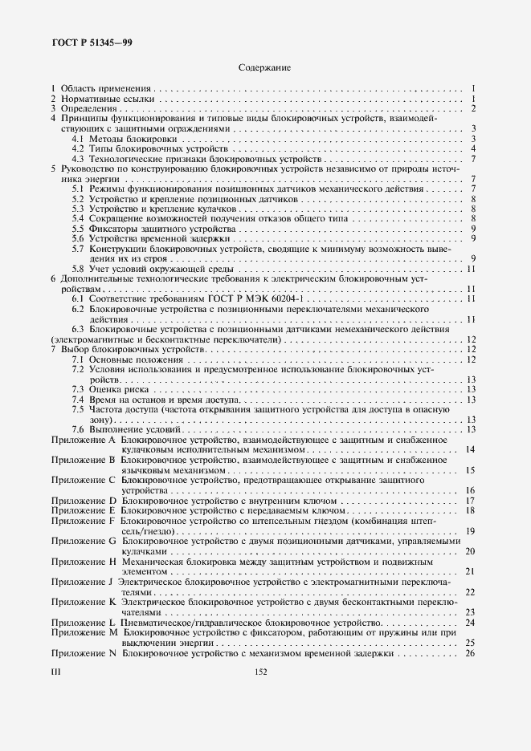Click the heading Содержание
point(264,67)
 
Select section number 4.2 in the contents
point(78,148)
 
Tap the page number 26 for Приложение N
point(471,654)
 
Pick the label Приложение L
point(84,623)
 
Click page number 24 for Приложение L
point(471,623)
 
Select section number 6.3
point(78,329)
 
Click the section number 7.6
point(78,430)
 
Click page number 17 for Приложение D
point(471,501)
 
